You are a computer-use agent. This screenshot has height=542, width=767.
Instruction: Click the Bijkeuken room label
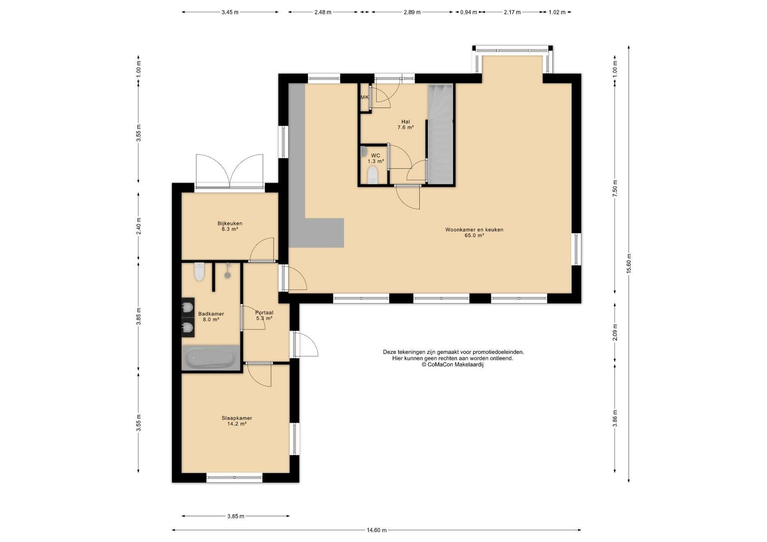point(230,226)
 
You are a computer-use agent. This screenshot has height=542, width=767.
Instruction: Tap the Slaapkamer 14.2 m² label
point(237,421)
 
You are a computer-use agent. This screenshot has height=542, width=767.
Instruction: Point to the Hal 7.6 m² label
point(405,125)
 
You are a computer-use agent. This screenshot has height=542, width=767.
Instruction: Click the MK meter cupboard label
point(364,97)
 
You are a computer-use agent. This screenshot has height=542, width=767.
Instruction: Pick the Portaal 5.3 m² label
point(264,315)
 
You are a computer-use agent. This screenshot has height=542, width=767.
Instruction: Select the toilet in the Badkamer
point(199,272)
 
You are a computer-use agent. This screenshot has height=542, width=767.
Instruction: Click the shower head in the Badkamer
point(228,270)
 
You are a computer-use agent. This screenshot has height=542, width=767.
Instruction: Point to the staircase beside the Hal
point(440,134)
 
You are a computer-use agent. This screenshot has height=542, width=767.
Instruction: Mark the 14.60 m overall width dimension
point(376,530)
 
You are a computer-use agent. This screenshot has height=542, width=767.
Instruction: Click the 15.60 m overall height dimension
point(629,264)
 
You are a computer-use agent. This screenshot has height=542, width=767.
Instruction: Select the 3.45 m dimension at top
point(230,12)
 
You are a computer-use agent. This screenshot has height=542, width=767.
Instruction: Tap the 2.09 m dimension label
point(615,332)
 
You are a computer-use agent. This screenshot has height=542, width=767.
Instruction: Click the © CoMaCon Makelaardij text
point(453,364)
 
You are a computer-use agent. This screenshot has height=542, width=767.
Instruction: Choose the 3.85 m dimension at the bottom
point(236,516)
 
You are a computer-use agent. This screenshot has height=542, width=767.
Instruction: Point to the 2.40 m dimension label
point(139,226)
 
